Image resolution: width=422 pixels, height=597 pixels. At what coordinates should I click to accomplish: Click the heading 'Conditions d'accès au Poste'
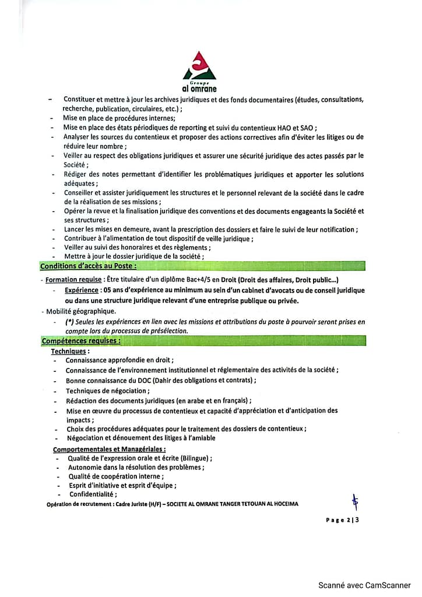coord(89,266)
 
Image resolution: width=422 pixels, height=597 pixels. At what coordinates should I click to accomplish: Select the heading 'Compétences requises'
coord(81,340)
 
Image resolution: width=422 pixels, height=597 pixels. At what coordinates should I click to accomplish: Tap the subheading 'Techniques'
coord(70,352)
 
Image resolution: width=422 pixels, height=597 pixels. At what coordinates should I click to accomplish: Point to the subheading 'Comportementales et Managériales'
coord(109,449)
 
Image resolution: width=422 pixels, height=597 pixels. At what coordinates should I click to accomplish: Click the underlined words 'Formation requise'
coord(73,280)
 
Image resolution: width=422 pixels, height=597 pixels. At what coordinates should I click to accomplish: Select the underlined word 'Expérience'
coord(82,290)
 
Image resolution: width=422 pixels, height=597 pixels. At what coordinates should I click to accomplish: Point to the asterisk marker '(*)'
coord(69,322)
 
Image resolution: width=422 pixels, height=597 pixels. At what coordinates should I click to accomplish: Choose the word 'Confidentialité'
coord(93,494)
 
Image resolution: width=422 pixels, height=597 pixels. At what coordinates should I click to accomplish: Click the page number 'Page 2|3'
coord(342,520)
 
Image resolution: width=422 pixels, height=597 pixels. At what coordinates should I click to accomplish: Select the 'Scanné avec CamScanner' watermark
coord(364,585)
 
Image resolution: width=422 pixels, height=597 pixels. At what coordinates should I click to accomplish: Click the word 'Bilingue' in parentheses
coord(195,458)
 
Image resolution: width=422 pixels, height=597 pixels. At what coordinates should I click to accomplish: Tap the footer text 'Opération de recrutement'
coord(83,504)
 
